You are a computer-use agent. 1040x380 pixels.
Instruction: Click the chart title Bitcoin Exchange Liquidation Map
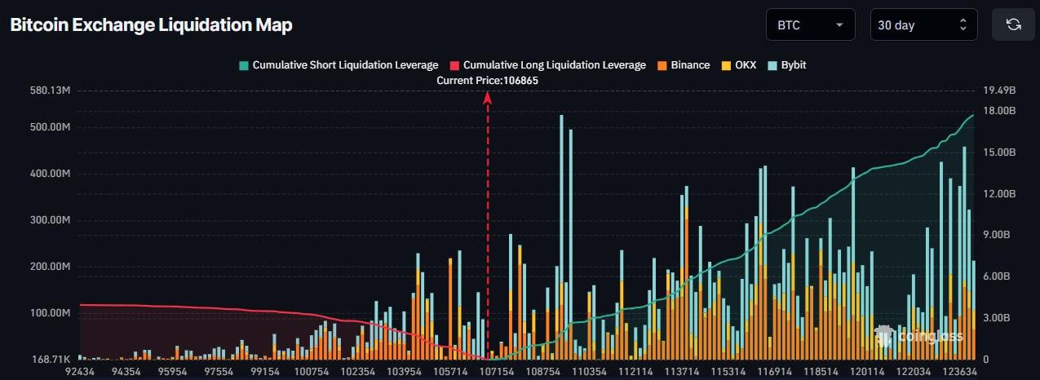coord(151,25)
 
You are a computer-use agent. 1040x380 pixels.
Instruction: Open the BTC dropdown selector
coord(810,25)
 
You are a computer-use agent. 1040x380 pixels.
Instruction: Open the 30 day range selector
coord(923,25)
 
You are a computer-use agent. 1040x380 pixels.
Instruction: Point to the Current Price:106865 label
coord(487,81)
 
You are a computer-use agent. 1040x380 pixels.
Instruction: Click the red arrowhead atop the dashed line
coord(488,98)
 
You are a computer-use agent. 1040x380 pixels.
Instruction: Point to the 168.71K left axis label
coord(51,359)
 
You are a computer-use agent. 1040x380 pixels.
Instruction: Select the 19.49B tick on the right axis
coord(999,90)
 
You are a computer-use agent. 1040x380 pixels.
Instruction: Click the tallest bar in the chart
coord(561,236)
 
